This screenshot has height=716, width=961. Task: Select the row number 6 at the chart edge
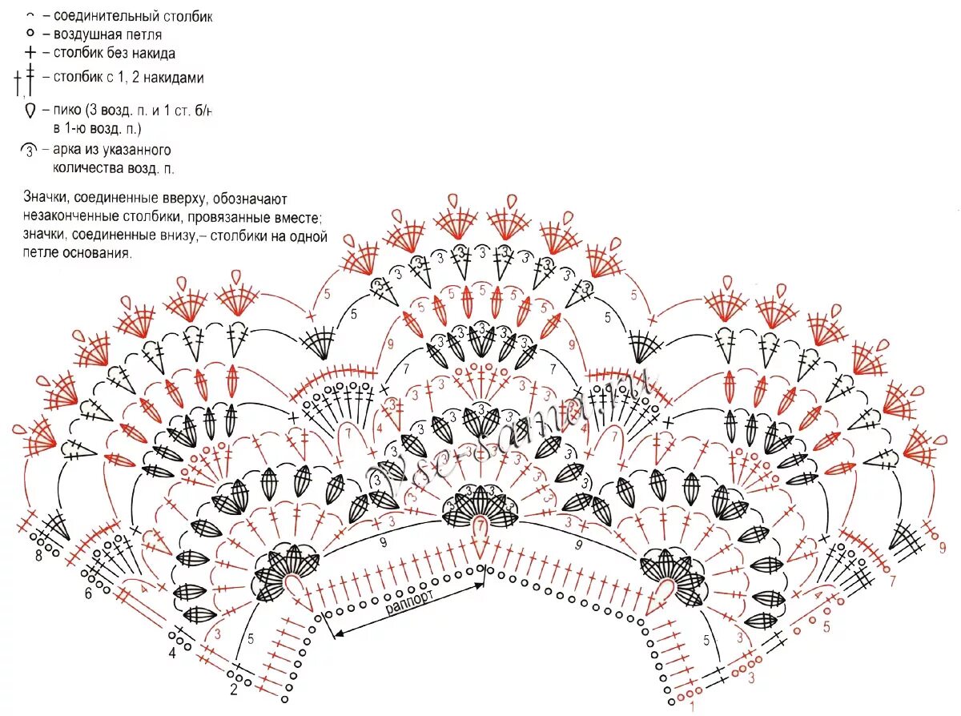[x=88, y=593]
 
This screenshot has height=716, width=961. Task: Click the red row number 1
[x=692, y=707]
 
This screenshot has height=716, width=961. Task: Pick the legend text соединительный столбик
[x=133, y=16]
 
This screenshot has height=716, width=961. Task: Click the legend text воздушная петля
[x=107, y=34]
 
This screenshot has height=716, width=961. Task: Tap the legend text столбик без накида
[x=114, y=54]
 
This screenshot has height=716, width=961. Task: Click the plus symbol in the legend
[x=30, y=54]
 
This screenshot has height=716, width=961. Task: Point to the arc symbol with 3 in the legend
[x=30, y=150]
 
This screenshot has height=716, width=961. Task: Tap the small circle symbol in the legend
[x=30, y=34]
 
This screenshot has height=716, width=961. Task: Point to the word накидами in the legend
[x=177, y=78]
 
